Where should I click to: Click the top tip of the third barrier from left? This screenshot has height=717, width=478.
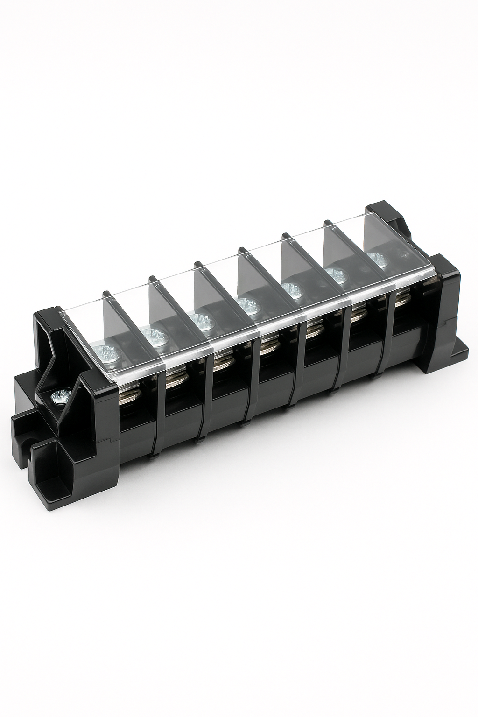198,264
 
